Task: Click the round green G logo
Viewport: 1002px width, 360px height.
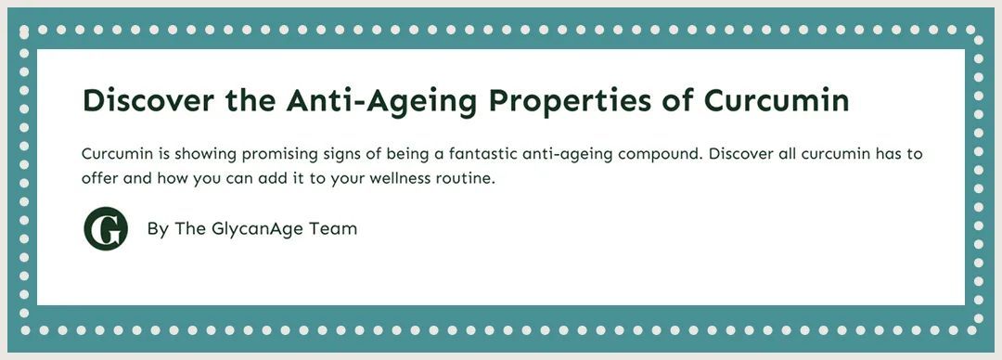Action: pos(106,229)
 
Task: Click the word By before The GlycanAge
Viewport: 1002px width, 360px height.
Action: pos(158,229)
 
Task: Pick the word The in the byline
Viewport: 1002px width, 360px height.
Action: pos(189,228)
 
